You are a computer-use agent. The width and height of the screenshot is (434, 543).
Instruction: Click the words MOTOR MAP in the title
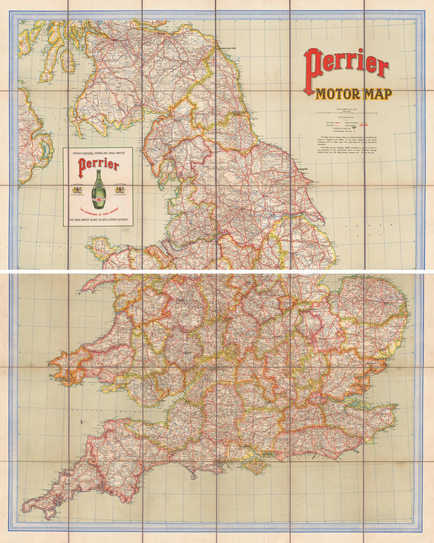click(x=353, y=94)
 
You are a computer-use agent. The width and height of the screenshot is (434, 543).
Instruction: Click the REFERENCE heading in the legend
click(x=346, y=117)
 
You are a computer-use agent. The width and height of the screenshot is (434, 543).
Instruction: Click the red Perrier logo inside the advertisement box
click(x=99, y=166)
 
